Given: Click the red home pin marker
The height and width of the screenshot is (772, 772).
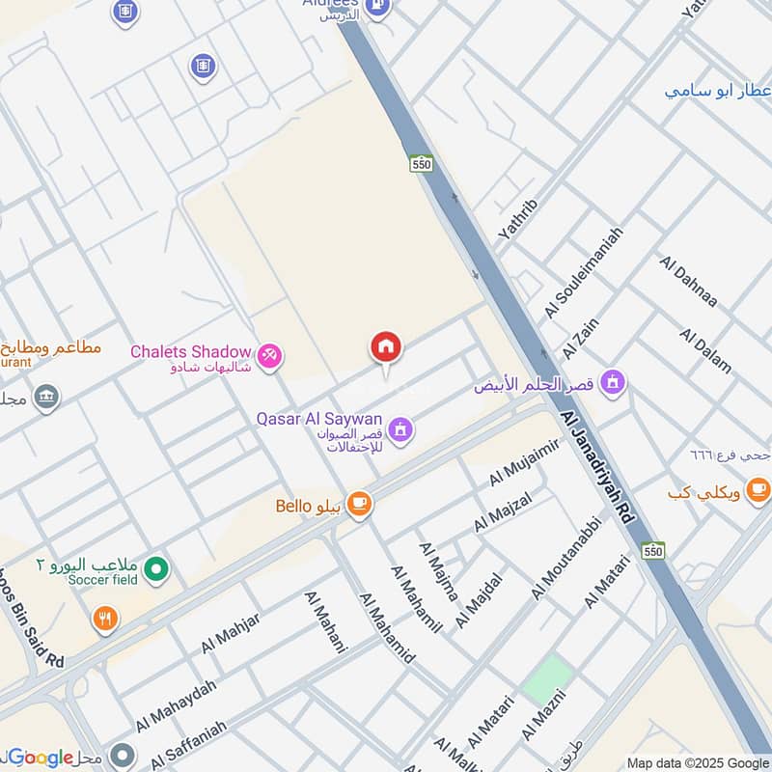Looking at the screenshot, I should click(386, 347).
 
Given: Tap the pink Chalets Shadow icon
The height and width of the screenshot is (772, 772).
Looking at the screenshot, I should click(271, 356).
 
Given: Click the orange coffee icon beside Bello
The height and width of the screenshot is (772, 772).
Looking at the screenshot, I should click(359, 504).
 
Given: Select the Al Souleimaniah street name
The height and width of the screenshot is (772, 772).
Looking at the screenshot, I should click(583, 273).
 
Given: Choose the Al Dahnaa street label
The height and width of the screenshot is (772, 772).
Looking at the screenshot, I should click(688, 281).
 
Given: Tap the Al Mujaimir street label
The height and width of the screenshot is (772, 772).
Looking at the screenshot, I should click(524, 463).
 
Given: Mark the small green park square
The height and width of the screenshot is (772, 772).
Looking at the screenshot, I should click(547, 679).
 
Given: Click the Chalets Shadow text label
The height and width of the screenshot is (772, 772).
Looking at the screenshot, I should click(190, 351).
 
